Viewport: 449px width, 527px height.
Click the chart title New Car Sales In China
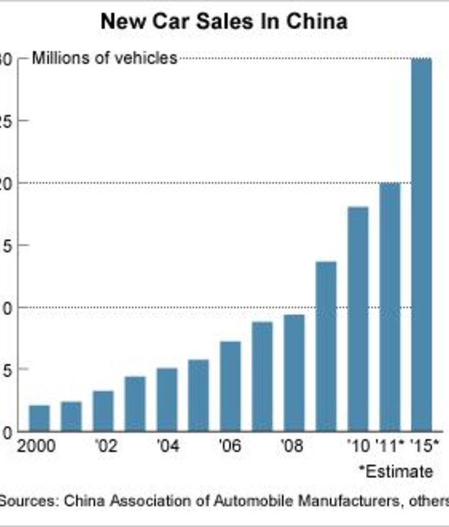224,22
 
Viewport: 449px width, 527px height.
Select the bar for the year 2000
39,418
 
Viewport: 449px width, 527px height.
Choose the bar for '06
230,386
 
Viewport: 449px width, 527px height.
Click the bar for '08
294,372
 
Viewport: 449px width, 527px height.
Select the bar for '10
358,319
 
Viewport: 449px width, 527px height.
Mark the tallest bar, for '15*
422,244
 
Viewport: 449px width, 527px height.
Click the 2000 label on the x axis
37,447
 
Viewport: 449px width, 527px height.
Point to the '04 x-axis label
167,447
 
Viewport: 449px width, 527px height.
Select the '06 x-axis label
230,447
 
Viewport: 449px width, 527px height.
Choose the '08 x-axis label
294,447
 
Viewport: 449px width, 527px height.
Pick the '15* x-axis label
426,447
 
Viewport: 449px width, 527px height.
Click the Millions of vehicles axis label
104,59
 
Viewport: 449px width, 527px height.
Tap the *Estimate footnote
396,471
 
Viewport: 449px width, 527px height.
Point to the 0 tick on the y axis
6,432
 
